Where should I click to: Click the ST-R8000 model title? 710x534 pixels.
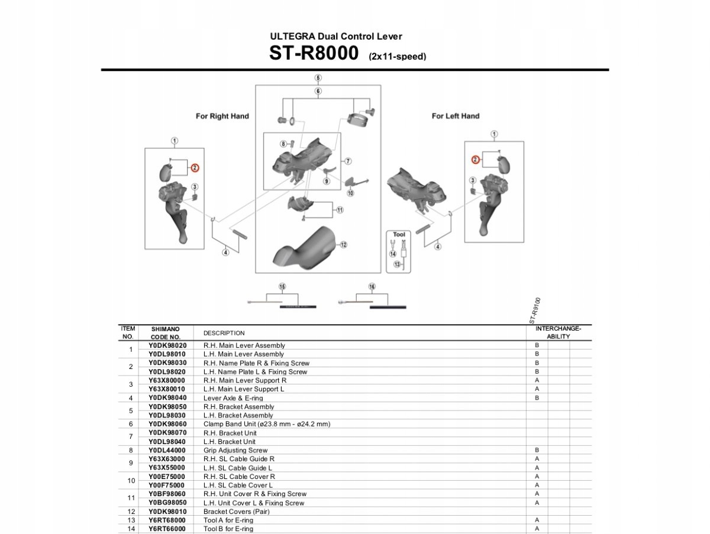pos(314,53)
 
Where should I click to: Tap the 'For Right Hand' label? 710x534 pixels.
pos(222,116)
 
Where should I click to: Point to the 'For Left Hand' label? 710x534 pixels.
pos(455,116)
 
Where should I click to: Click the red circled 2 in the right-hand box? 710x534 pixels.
pos(195,168)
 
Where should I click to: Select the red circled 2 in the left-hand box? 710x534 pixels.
pos(475,160)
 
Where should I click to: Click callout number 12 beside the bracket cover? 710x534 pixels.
pos(343,244)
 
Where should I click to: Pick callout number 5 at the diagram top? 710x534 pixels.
pos(318,78)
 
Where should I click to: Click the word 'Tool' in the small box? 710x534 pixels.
pos(398,235)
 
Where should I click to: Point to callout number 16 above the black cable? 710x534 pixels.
pos(372,287)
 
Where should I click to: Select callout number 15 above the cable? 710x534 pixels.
pos(282,287)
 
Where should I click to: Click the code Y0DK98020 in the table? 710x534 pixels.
pos(167,345)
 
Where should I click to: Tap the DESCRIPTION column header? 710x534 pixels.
pos(224,333)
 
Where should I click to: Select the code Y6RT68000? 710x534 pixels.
pos(167,520)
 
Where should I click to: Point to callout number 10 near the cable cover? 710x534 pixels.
pos(350,193)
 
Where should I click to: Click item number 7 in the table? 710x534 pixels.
pos(131,437)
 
